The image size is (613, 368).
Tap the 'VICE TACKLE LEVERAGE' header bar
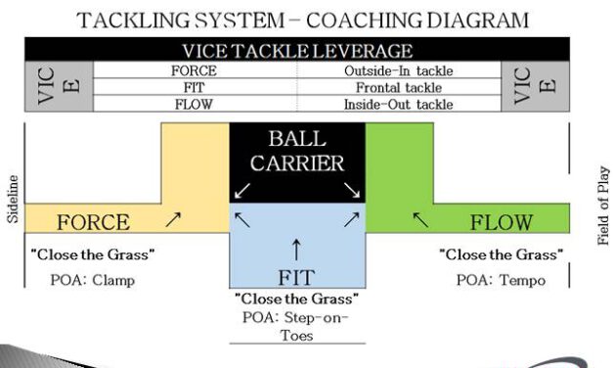click(297, 50)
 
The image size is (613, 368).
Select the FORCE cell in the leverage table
click(194, 70)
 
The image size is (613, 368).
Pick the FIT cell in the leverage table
click(194, 87)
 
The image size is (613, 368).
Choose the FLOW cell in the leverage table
click(194, 104)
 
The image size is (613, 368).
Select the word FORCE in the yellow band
click(93, 222)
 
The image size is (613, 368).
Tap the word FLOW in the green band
click(502, 222)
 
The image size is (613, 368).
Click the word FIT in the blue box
click(297, 277)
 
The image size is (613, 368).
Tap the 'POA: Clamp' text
click(94, 279)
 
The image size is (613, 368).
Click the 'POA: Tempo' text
click(501, 279)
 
